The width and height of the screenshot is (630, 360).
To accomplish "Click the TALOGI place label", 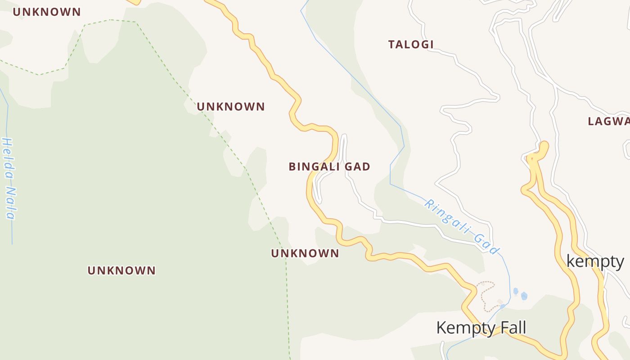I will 411,45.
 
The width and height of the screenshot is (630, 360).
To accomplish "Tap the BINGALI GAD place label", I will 329,167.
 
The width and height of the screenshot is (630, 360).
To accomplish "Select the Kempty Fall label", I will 481,328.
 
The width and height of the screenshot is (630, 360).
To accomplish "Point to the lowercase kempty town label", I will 595,261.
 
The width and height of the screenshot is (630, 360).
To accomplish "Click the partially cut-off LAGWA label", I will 609,121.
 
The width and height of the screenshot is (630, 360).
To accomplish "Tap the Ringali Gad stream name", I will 462,227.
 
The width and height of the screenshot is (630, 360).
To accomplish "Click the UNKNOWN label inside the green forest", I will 121,270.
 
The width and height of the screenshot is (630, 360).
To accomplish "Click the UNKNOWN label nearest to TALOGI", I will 231,107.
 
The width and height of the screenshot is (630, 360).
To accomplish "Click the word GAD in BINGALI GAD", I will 357,167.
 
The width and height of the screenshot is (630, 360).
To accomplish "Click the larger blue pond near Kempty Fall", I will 524,296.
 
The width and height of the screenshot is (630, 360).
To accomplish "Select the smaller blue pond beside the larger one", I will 515,291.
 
